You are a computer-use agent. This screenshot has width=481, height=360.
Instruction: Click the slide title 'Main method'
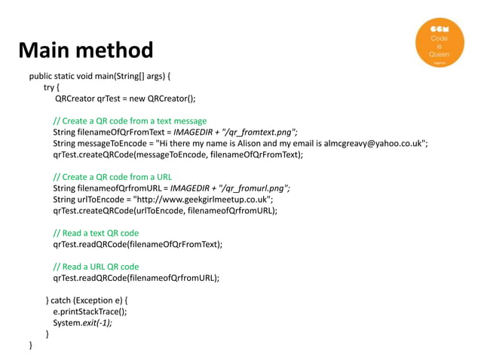click(86, 50)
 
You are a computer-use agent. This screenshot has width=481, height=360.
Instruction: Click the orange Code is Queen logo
click(440, 44)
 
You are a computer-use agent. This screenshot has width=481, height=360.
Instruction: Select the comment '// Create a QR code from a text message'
click(130, 121)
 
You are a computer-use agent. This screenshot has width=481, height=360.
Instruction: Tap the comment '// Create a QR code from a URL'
click(112, 177)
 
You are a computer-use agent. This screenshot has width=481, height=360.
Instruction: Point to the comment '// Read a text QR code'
click(96, 233)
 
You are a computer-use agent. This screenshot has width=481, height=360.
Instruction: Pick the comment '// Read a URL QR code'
click(96, 267)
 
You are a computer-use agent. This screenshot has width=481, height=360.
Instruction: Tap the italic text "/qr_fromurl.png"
click(251, 188)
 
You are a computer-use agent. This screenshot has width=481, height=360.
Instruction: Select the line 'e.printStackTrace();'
click(90, 311)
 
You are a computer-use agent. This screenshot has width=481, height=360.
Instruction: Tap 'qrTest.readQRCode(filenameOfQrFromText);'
click(138, 244)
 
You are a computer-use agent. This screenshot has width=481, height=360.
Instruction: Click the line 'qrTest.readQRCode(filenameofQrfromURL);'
click(136, 278)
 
